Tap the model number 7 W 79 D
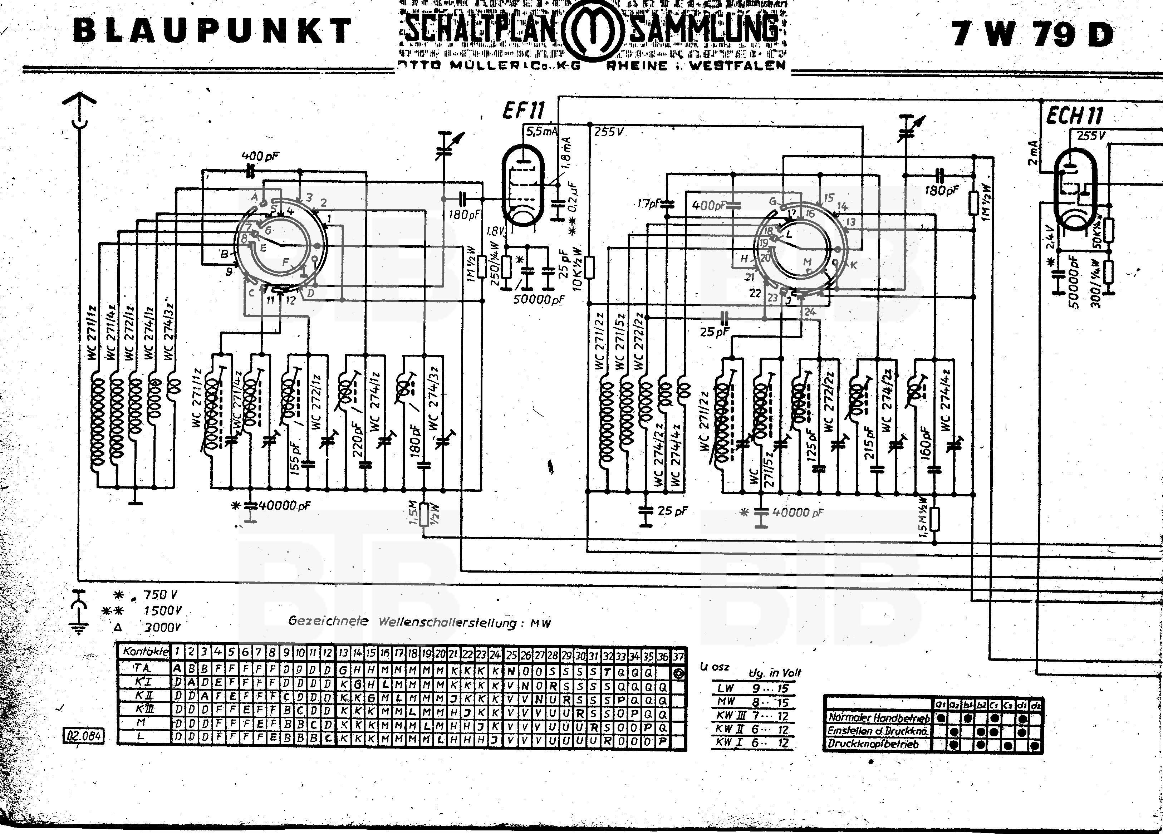pos(1033,34)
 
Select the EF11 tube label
pos(523,110)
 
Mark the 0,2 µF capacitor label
pos(573,197)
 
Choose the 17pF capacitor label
pos(648,203)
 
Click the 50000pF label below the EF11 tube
pos(539,299)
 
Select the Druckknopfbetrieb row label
pos(873,744)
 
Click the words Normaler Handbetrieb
pos(878,718)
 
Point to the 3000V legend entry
pos(162,627)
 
